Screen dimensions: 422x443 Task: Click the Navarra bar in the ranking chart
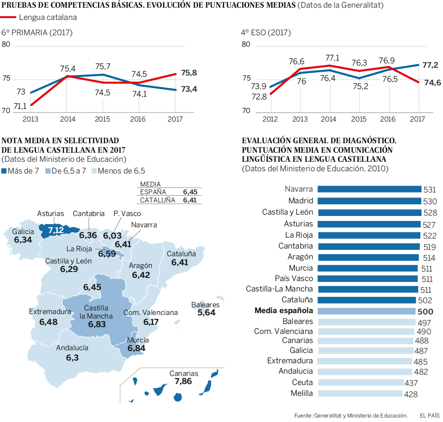(x=369, y=189)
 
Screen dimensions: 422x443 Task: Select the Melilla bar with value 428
(x=360, y=394)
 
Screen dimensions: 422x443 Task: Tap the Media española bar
(x=366, y=311)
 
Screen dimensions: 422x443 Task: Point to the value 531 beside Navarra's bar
(x=429, y=190)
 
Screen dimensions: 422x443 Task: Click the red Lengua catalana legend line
(x=9, y=17)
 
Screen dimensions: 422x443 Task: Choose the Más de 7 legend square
(x=5, y=171)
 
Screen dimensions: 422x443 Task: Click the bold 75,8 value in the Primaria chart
(x=189, y=73)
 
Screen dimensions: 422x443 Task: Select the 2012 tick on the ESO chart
(x=270, y=119)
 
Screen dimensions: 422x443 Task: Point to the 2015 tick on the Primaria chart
(x=103, y=119)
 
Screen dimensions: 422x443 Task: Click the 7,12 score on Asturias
(x=56, y=230)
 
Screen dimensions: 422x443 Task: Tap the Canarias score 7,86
(x=183, y=381)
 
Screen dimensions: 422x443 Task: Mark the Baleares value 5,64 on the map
(x=207, y=312)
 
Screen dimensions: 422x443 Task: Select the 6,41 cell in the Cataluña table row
(x=189, y=200)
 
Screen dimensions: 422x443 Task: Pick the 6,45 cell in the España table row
(x=189, y=192)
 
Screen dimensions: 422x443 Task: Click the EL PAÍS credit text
(x=429, y=415)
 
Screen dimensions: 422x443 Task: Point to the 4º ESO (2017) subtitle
(x=266, y=33)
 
